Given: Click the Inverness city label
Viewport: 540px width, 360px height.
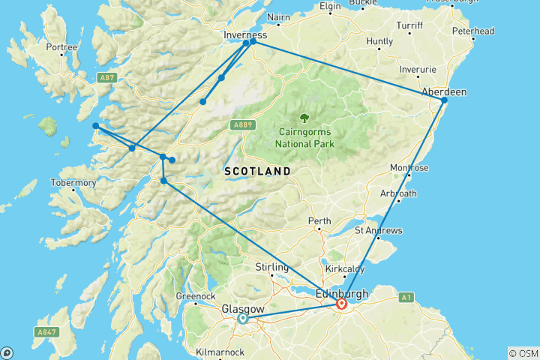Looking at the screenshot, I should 244,34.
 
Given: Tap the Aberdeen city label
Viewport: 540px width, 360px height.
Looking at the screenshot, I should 444,91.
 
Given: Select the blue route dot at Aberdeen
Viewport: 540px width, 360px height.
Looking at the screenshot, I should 444,100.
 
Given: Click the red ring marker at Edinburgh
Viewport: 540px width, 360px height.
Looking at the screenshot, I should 341,304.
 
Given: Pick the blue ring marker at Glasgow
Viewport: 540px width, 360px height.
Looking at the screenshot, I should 243,319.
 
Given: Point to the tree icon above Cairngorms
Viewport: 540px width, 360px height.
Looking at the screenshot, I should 304,117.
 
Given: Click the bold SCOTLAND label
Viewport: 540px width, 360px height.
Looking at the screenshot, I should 257,172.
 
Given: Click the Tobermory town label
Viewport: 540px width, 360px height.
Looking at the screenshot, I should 73,183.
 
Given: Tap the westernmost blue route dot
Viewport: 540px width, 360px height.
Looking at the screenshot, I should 96,126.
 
